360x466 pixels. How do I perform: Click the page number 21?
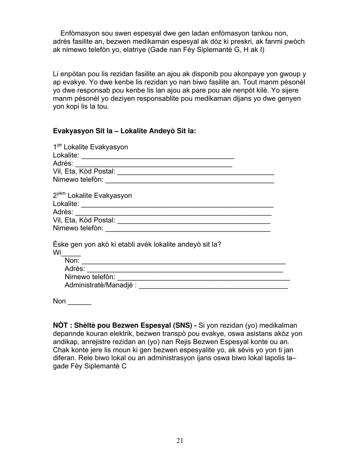pos(180,440)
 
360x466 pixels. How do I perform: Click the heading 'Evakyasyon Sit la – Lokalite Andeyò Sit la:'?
pos(124,131)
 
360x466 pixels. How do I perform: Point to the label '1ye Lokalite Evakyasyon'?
pos(91,147)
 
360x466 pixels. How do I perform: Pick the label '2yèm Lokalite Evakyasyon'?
pos(92,195)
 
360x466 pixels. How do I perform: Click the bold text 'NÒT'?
pos(61,325)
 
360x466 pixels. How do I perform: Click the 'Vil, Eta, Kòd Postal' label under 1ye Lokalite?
pos(84,172)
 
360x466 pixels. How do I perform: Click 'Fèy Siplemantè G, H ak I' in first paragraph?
pos(224,50)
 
